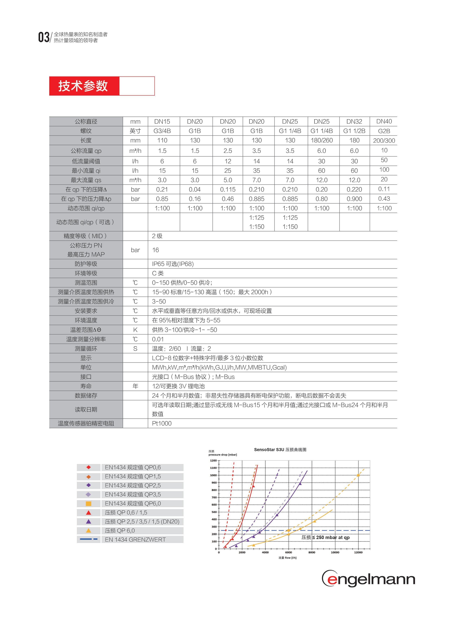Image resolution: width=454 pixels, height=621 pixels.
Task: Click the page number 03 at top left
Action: coord(43,37)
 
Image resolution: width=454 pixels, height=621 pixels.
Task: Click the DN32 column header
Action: coord(354,121)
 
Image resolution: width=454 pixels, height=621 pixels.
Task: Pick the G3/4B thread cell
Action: coord(162,131)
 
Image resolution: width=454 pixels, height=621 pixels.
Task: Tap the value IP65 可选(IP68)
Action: coord(173,264)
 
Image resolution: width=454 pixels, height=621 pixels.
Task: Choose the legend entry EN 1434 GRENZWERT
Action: coord(135,540)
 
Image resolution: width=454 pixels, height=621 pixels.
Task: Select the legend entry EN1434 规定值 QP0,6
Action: coord(133,467)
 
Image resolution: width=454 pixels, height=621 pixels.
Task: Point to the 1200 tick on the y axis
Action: coord(213,461)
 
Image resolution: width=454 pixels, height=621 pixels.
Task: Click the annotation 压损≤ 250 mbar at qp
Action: coord(325,537)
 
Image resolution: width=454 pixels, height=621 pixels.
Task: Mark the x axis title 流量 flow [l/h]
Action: coord(287,558)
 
